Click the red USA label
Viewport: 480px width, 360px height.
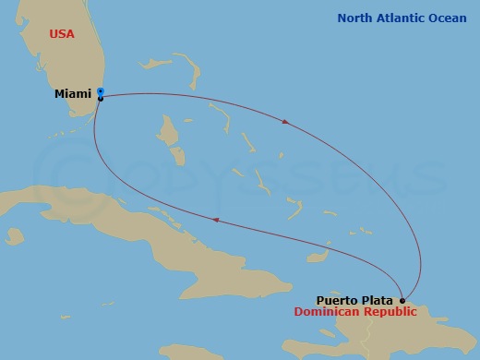(61, 34)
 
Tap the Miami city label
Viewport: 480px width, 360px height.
(73, 94)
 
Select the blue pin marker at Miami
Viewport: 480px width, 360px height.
(100, 91)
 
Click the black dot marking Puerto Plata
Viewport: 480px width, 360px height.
(402, 300)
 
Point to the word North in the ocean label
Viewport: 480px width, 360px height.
(356, 18)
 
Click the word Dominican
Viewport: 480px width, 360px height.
(328, 312)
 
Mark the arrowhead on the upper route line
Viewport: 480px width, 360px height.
(287, 121)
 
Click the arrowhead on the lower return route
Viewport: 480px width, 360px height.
(217, 220)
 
